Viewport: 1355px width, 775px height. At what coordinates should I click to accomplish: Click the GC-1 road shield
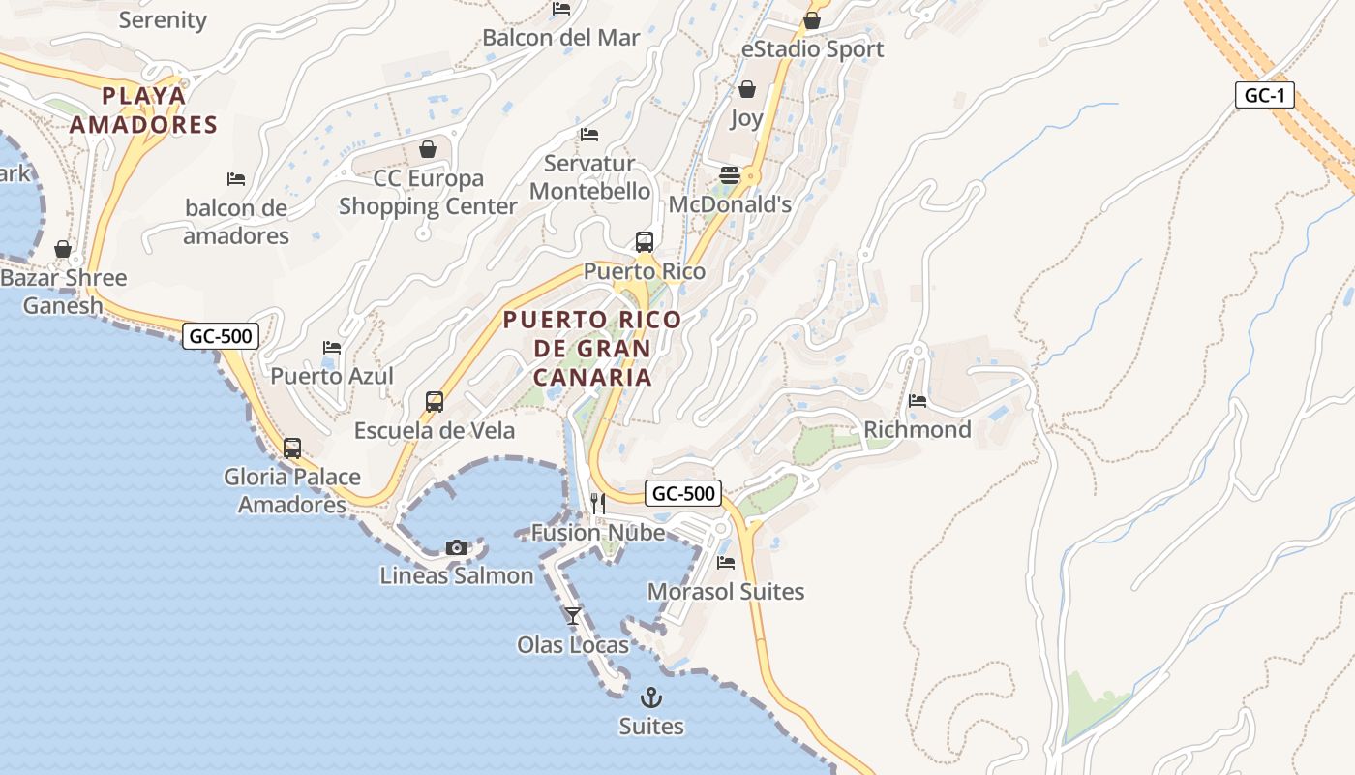[1265, 95]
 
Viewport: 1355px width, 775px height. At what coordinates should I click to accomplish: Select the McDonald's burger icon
[730, 175]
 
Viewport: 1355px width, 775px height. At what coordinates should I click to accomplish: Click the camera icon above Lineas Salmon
[457, 548]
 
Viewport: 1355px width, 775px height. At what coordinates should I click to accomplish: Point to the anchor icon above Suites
[651, 697]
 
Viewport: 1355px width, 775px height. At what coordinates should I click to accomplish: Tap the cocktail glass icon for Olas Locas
[573, 615]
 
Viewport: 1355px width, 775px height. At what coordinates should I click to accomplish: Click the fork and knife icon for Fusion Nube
[598, 504]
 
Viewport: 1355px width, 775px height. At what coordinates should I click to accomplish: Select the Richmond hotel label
[917, 429]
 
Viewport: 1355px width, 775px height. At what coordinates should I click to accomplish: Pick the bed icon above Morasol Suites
[726, 563]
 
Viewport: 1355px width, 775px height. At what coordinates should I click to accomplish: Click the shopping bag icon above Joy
[747, 90]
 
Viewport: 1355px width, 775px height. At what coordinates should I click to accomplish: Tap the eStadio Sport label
[812, 48]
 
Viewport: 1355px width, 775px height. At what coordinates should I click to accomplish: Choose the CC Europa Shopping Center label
[429, 192]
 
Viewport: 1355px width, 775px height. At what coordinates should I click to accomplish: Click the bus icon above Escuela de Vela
[435, 402]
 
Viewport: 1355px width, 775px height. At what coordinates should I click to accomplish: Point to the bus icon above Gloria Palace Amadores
[292, 449]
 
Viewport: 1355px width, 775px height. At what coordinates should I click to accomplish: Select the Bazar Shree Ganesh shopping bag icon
[63, 250]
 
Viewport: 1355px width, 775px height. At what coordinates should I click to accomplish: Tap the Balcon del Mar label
[561, 38]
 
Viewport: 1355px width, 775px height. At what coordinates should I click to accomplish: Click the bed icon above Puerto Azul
[332, 348]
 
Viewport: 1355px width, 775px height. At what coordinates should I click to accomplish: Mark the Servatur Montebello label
[589, 177]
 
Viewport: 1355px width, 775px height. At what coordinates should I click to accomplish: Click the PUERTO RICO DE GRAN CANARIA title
[592, 348]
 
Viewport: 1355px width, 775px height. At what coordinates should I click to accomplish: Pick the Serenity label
[163, 19]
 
